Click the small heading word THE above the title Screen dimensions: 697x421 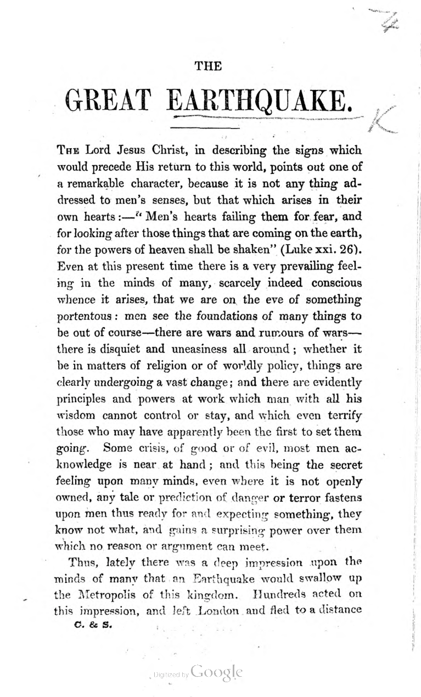pos(208,66)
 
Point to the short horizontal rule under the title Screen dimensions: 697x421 pos(195,128)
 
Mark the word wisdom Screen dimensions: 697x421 pos(76,409)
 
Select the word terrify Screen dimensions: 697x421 pos(341,409)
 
